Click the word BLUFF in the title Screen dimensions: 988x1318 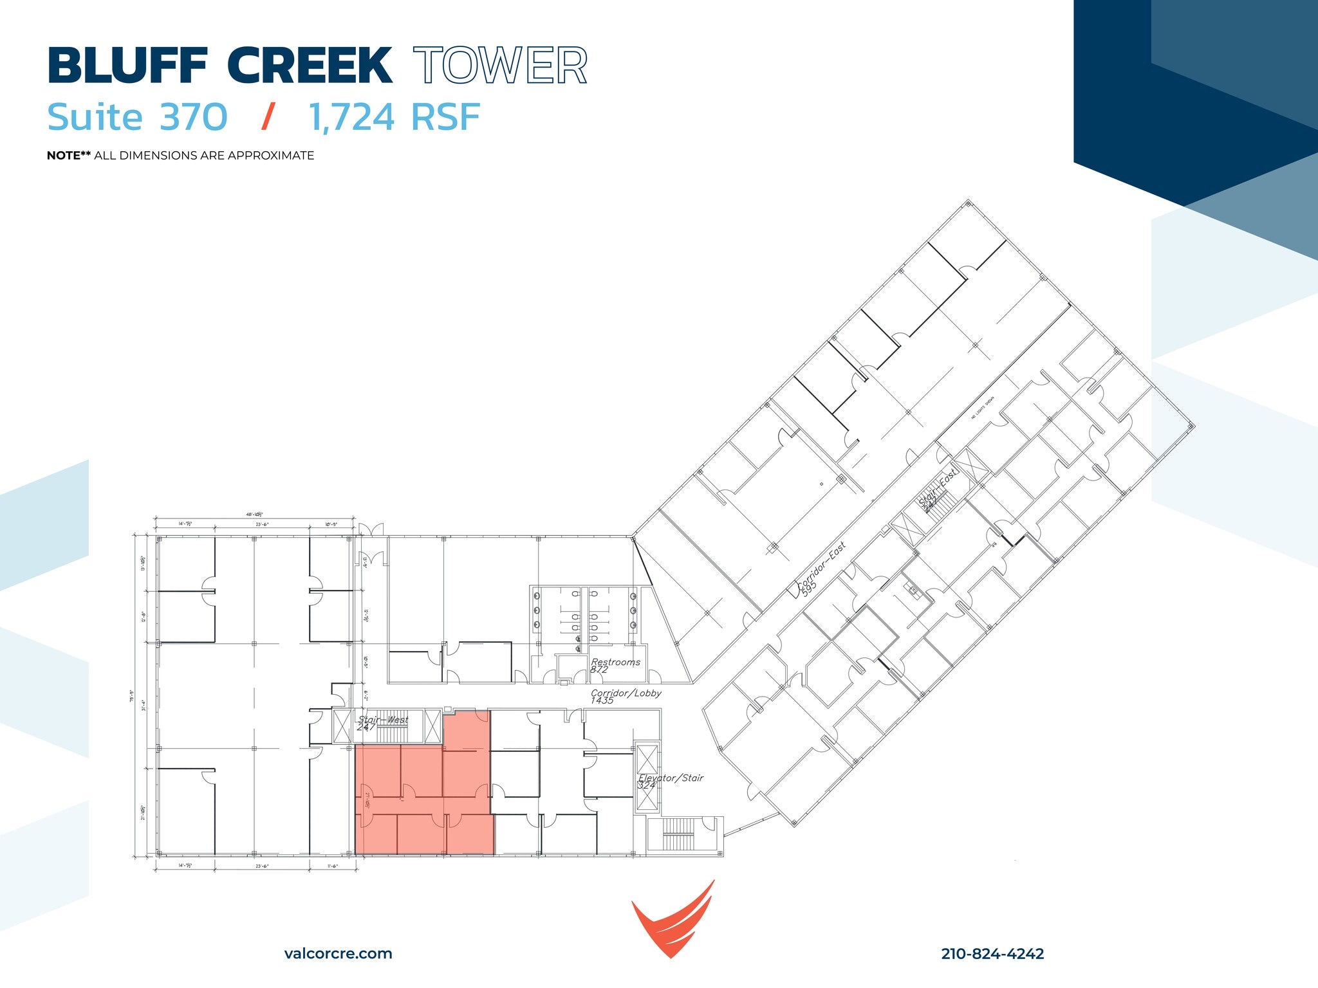(127, 66)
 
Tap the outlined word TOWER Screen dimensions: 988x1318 (500, 66)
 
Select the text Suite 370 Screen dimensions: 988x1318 (137, 118)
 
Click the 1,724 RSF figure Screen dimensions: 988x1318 (394, 118)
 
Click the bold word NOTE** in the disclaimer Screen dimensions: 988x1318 (69, 156)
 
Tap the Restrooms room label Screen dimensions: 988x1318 (615, 663)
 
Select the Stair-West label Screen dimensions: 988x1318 (384, 720)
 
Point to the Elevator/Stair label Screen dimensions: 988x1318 (671, 778)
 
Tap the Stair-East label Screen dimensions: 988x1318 (937, 489)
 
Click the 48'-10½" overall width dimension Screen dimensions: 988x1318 (254, 515)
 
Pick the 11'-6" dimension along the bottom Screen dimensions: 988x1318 (333, 866)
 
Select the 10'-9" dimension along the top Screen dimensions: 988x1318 (331, 524)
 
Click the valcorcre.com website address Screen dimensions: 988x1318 (338, 954)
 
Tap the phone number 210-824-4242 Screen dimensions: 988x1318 (992, 954)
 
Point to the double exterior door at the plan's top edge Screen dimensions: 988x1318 (371, 529)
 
